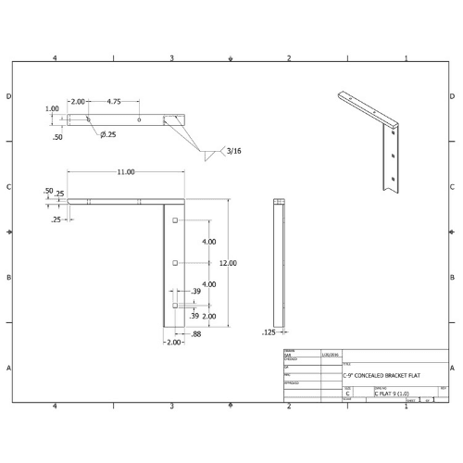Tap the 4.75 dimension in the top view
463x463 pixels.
click(x=116, y=101)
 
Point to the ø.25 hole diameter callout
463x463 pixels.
click(x=108, y=135)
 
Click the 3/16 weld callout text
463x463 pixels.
click(x=232, y=151)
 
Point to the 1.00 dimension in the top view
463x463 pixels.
click(x=52, y=108)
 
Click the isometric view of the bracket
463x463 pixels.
click(x=375, y=139)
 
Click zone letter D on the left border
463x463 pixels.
click(x=9, y=96)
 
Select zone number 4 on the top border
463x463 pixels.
click(x=56, y=58)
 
